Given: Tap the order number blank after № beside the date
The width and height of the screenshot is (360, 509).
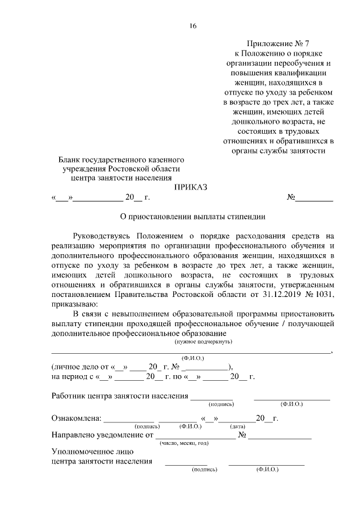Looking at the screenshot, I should tap(314, 198).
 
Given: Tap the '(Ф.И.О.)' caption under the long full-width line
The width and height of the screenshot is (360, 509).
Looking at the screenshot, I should tap(193, 358).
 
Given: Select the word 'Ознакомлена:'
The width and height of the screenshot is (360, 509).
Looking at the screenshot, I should tap(76, 418).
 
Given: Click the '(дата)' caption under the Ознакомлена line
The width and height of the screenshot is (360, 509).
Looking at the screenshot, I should tap(237, 426).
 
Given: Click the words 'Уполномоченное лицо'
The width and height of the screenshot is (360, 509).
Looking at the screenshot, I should tap(92, 452).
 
